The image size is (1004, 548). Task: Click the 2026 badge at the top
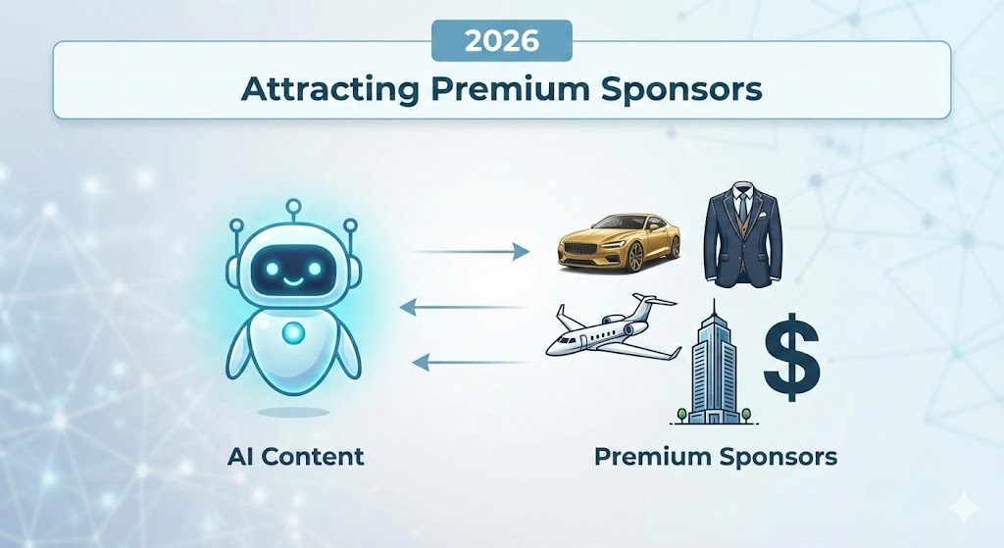[501, 42]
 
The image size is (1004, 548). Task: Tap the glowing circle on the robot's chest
[291, 333]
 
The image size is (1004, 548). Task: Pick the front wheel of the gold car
[637, 257]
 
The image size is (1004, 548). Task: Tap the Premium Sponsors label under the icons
[716, 456]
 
